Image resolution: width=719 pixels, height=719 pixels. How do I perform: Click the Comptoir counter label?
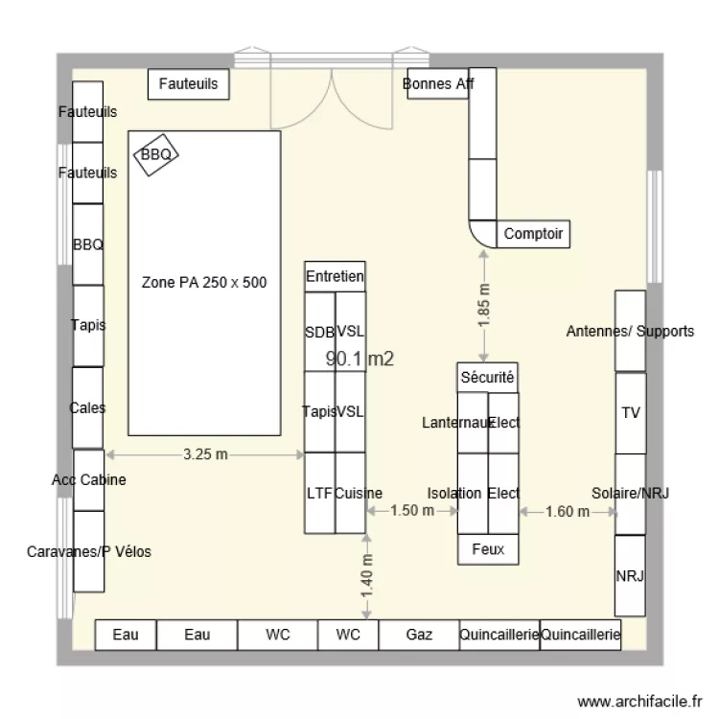point(533,234)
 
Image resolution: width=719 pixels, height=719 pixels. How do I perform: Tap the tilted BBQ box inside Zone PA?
point(156,154)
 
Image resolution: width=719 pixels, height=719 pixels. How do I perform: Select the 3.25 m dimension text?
point(205,454)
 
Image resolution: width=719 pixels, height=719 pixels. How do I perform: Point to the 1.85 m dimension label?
point(484,306)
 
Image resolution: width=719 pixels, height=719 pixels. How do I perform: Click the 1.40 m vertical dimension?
point(366,576)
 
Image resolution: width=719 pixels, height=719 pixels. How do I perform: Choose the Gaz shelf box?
point(419,635)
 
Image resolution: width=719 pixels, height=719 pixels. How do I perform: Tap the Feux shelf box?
point(488,549)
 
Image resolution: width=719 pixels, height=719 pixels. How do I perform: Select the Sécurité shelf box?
point(487,378)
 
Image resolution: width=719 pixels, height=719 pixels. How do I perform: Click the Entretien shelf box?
point(335,276)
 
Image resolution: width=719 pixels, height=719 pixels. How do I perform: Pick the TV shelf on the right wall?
point(631,413)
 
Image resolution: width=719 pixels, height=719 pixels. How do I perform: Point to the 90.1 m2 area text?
point(359,359)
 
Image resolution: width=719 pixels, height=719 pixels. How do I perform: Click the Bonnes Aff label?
point(438,84)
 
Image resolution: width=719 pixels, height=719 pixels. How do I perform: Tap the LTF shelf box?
point(319,494)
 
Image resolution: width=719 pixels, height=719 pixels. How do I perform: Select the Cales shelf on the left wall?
point(87,407)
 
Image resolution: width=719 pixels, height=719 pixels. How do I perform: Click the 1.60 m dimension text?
point(568,511)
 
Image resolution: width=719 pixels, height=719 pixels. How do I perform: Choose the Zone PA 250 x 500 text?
point(204,283)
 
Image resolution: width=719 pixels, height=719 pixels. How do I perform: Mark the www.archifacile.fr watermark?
point(639,702)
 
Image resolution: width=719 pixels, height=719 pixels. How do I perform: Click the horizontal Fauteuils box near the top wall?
point(189,84)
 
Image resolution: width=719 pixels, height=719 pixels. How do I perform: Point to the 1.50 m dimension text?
point(412,510)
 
